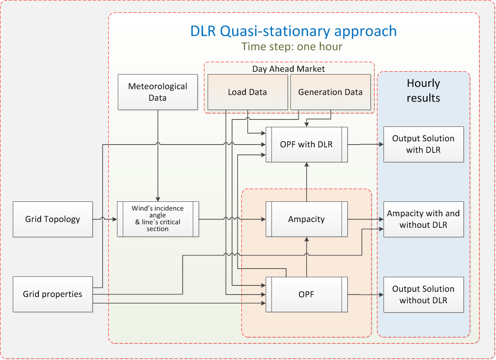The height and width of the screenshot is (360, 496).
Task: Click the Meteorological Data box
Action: pos(158,92)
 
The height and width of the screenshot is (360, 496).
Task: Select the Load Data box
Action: pos(248,92)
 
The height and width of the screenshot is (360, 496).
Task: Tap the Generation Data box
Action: pos(330,92)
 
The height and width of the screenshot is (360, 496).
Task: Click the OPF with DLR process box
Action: pos(306,145)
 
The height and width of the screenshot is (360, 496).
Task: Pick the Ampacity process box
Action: pos(306,219)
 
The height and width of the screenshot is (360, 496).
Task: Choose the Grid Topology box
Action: pos(53,219)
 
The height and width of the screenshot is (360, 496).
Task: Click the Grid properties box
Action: pos(53,294)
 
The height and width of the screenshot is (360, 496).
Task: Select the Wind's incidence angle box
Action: pos(158,219)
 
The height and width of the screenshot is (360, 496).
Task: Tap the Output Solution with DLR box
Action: pos(423,144)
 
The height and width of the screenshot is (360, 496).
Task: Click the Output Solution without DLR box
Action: pos(423,295)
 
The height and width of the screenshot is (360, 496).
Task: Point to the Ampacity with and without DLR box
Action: pos(423,219)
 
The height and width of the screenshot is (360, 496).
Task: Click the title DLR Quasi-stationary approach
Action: pos(293,31)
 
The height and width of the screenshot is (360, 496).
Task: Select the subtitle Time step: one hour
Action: pos(292,47)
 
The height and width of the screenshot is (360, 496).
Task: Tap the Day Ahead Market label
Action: pos(288,69)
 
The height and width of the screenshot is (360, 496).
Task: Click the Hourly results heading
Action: pos(423,90)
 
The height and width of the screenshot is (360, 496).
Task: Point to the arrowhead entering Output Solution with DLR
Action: pos(381,144)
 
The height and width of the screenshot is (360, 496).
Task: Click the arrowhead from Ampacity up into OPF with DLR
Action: pos(306,164)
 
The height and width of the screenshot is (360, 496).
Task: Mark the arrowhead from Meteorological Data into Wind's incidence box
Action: pos(158,199)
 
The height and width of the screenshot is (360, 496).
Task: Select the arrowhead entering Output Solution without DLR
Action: pos(381,295)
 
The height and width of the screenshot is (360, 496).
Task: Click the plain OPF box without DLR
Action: pos(306,295)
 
